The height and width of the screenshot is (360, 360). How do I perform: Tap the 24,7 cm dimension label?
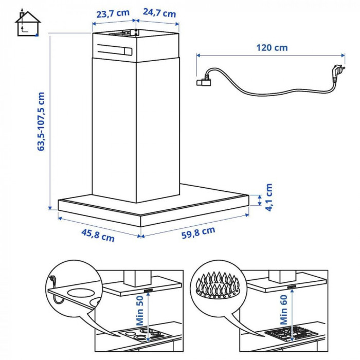click(159, 13)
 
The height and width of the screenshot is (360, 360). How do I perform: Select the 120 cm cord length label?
click(272, 48)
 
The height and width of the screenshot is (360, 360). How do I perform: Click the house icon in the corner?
click(28, 24)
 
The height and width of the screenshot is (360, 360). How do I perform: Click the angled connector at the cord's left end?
click(205, 80)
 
